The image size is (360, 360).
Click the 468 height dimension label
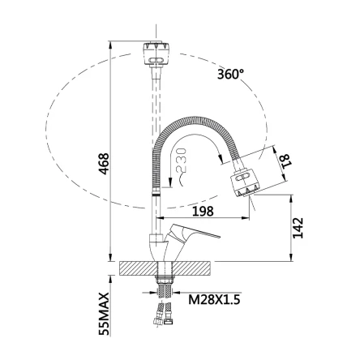pyautogui.click(x=104, y=164)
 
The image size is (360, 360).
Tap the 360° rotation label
pyautogui.click(x=230, y=74)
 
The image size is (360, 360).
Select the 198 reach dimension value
pyautogui.click(x=203, y=211)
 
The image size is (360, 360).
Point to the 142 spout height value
pyautogui.click(x=298, y=228)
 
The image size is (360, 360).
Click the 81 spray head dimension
pyautogui.click(x=285, y=161)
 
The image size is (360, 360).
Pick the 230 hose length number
pyautogui.click(x=181, y=161)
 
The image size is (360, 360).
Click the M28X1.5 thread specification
pyautogui.click(x=214, y=299)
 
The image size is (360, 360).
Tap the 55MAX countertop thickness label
pyautogui.click(x=104, y=314)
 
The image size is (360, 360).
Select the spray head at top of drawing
pyautogui.click(x=156, y=54)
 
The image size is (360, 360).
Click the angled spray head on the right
pyautogui.click(x=245, y=182)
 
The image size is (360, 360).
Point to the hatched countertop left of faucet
pyautogui.click(x=139, y=268)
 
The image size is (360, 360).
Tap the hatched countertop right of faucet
pyautogui.click(x=191, y=268)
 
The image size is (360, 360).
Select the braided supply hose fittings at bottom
pyautogui.click(x=164, y=314)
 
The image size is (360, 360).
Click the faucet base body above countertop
pyautogui.click(x=160, y=247)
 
